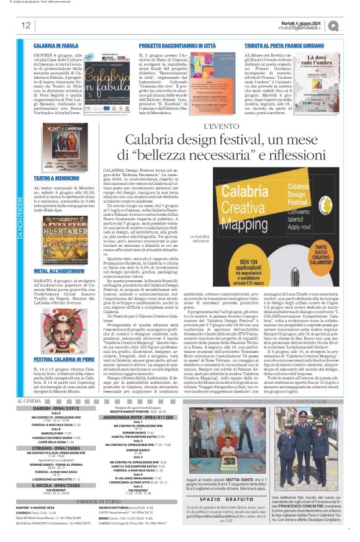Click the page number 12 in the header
pos(25,25)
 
